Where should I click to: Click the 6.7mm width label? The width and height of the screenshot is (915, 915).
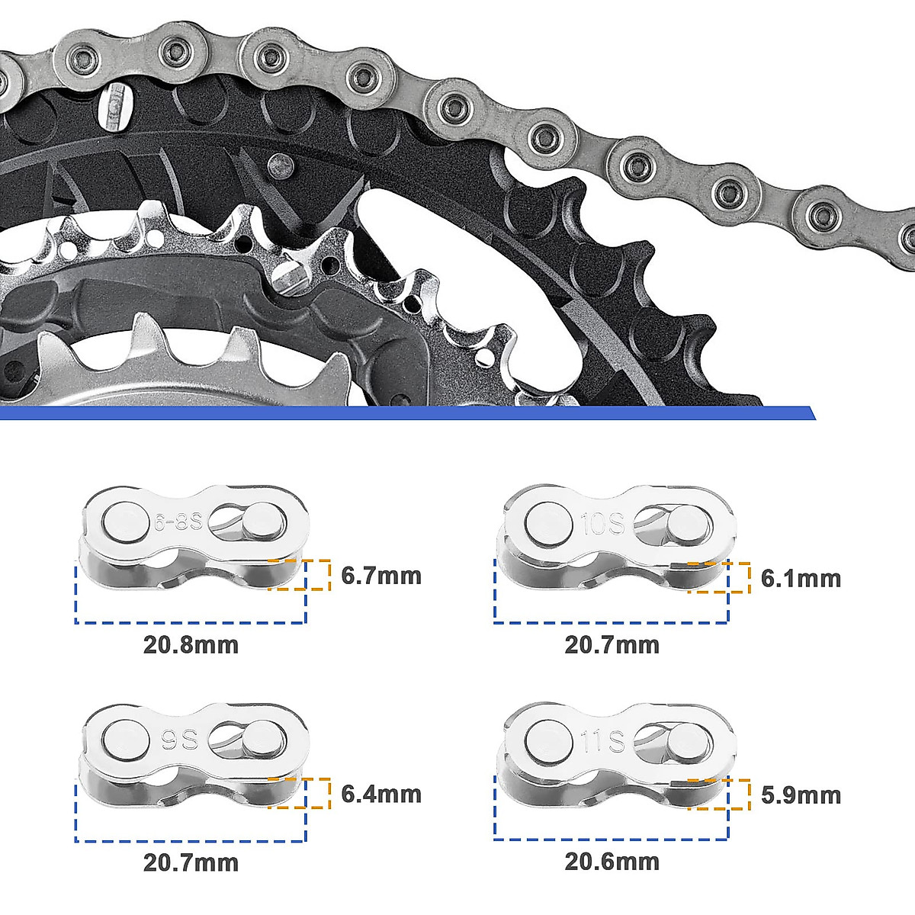(380, 575)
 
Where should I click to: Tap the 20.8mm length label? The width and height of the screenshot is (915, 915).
(191, 645)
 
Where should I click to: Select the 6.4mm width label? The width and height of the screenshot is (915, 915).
(380, 794)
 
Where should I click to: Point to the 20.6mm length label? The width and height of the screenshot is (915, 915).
(612, 862)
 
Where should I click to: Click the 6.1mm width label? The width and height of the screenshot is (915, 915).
(801, 578)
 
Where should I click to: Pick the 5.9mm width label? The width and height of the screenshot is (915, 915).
(801, 795)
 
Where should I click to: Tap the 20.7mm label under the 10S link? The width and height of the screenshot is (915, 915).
(612, 645)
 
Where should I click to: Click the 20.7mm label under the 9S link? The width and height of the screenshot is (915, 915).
(191, 862)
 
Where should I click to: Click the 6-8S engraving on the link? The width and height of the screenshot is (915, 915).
(177, 523)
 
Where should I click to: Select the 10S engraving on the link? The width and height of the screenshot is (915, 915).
(604, 525)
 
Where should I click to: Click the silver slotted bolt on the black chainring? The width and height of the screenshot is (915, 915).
(114, 106)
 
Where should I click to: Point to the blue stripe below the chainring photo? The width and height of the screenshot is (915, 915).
(404, 413)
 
